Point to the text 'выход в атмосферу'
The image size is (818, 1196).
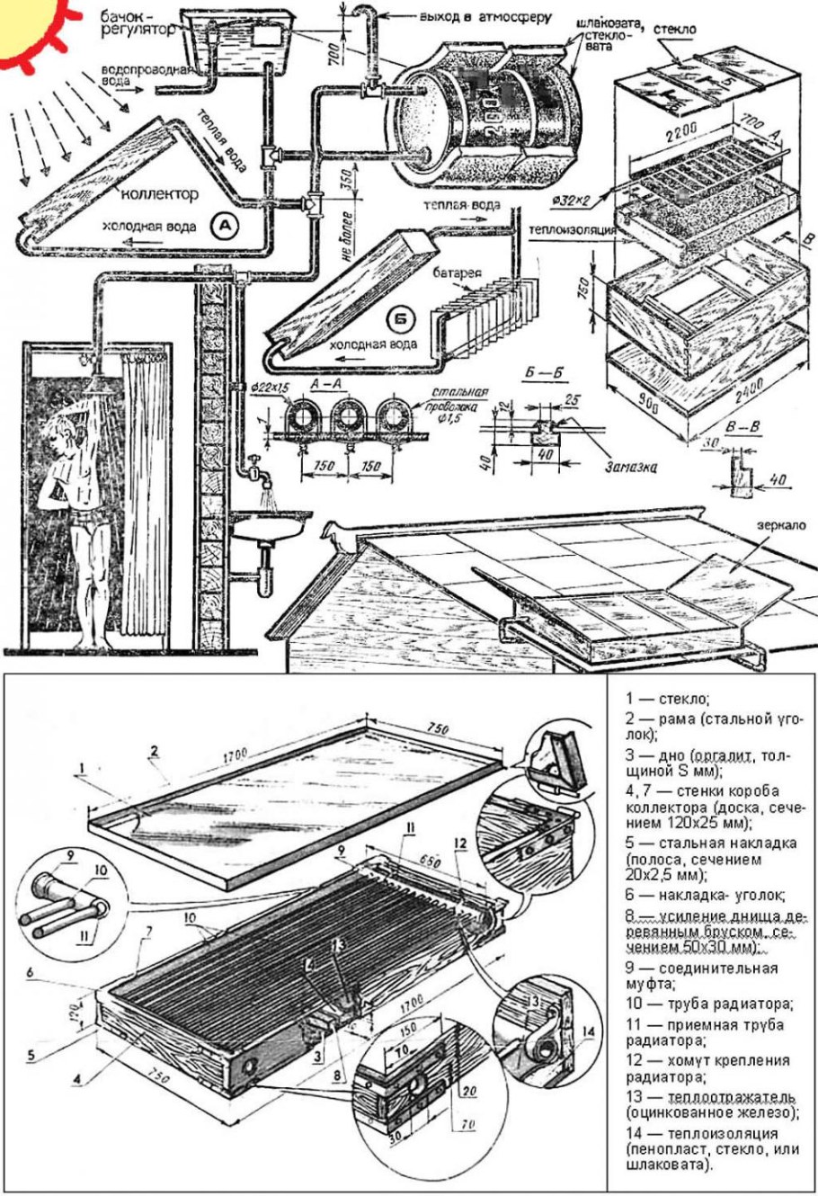(477, 15)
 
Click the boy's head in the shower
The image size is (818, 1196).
(65, 410)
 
